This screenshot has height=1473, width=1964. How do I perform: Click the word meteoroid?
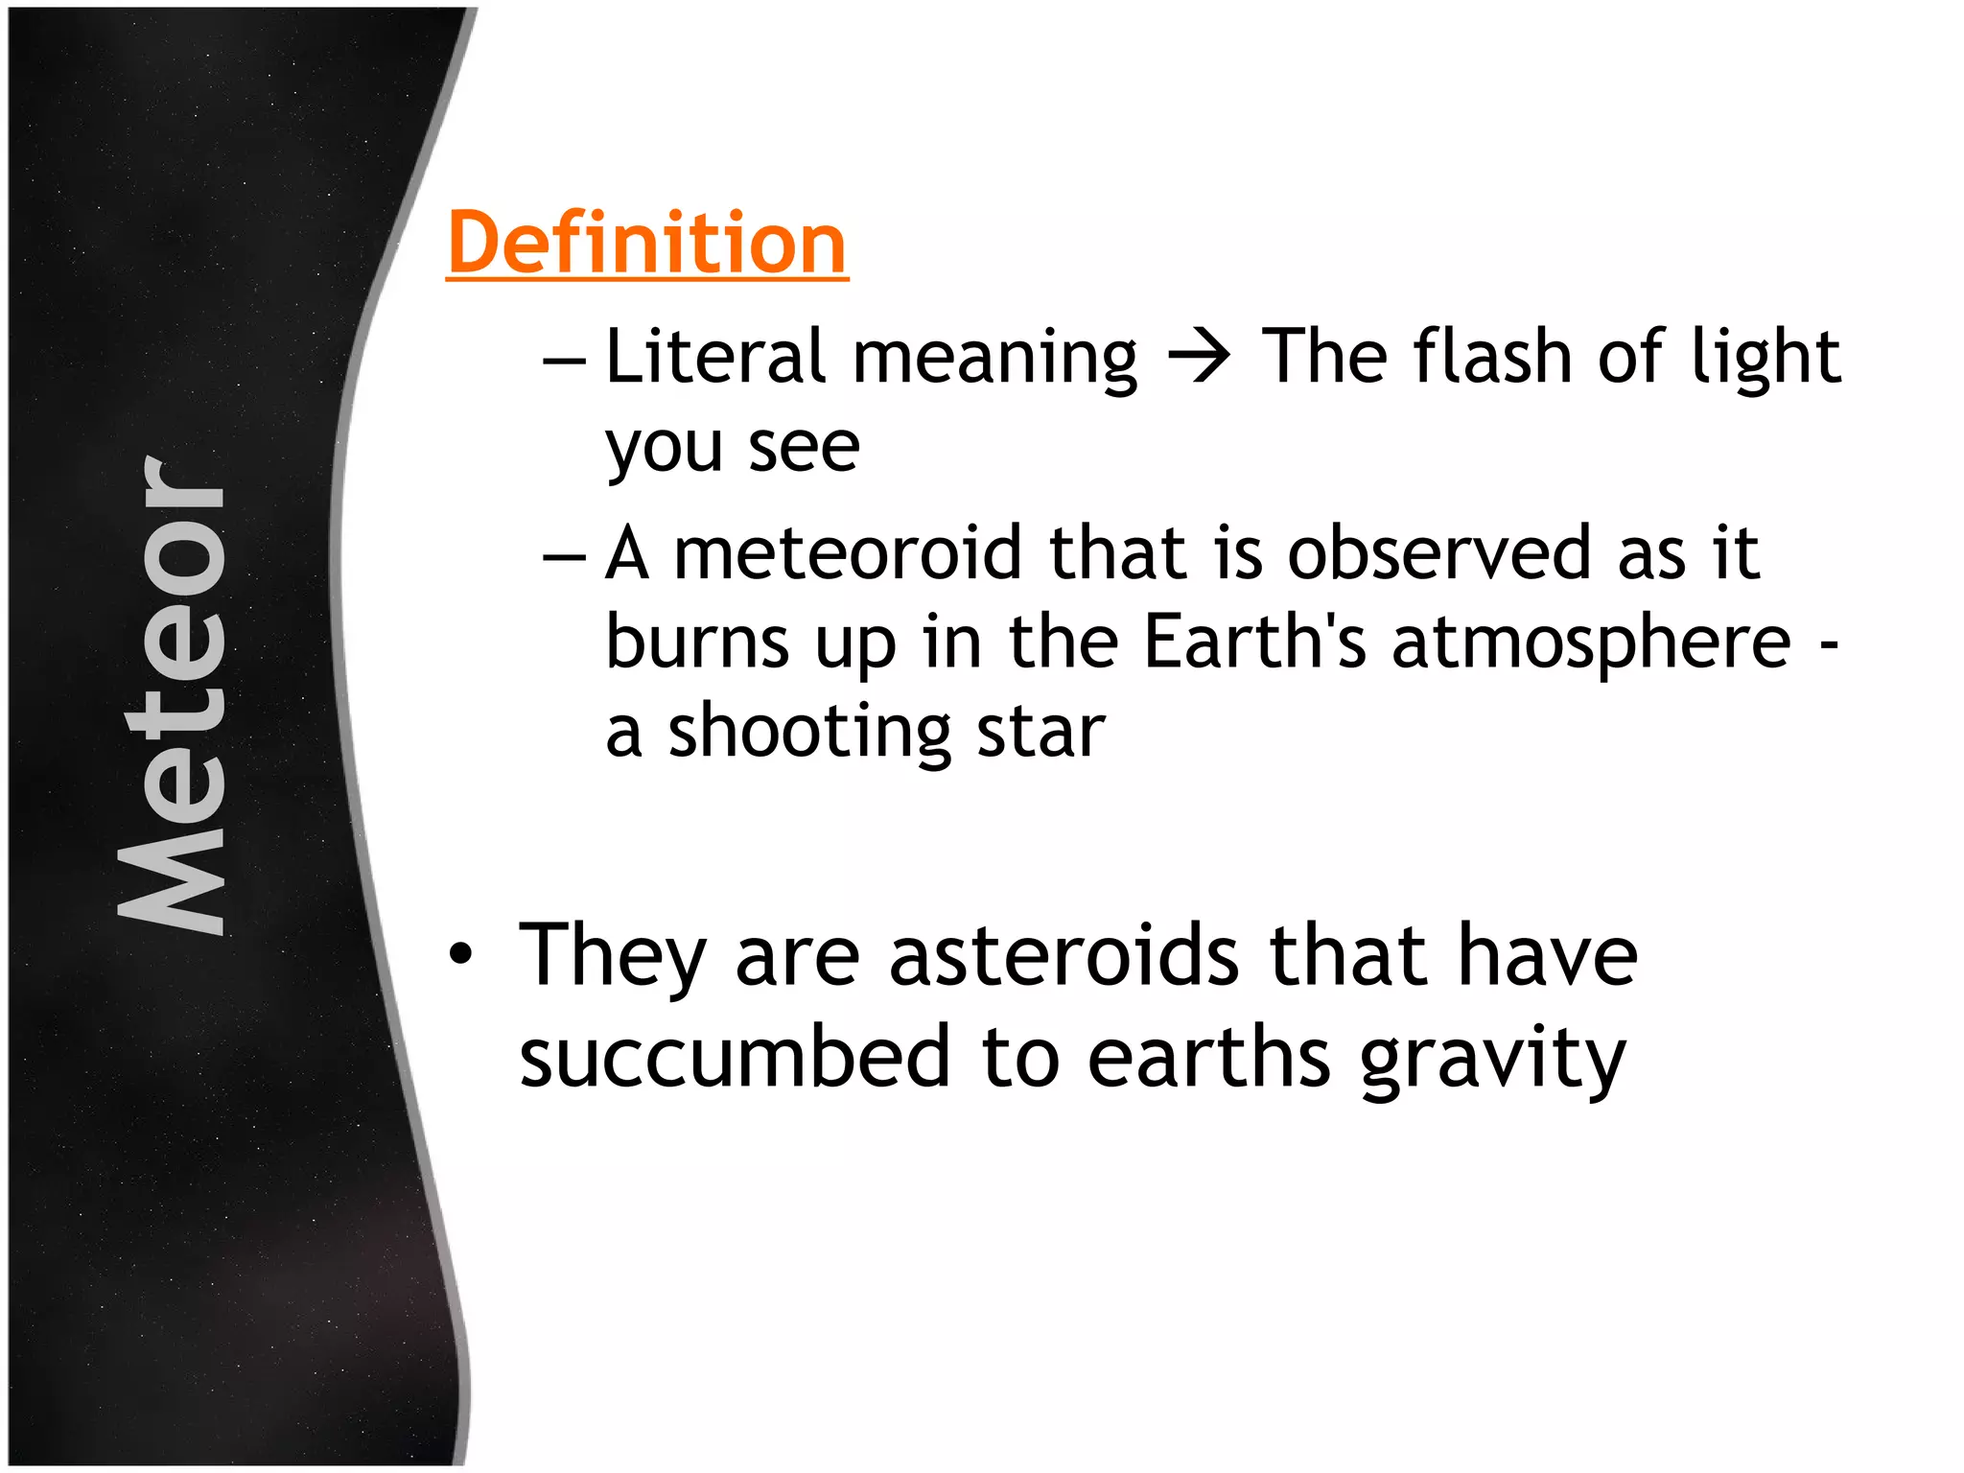point(849,553)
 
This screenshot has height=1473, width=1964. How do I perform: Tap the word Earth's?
point(1255,642)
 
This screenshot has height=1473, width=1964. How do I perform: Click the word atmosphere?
point(1592,643)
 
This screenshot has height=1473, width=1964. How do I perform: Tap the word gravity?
point(1493,1061)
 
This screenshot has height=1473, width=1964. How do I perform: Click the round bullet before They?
point(461,954)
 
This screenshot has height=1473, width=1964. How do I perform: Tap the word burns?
point(698,642)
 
